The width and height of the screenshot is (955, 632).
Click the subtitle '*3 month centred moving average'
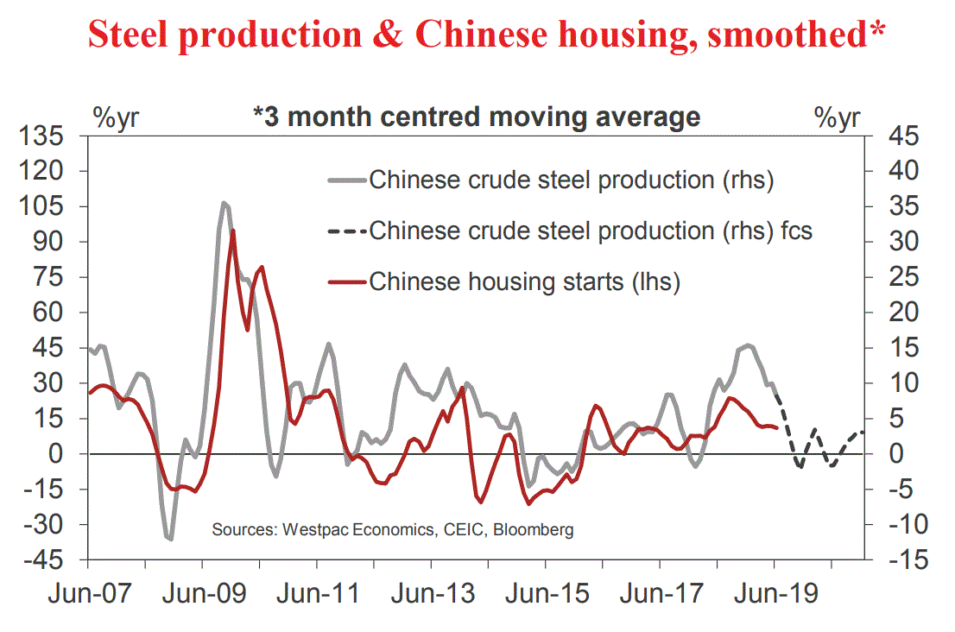pyautogui.click(x=476, y=116)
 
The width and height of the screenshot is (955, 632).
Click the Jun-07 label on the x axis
pyautogui.click(x=89, y=595)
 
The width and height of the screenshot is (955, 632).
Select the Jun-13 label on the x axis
pyautogui.click(x=431, y=595)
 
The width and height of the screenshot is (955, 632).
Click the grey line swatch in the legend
pyautogui.click(x=346, y=181)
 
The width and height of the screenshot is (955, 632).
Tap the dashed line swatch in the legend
pyautogui.click(x=346, y=231)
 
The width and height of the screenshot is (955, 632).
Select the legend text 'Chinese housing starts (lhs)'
pyautogui.click(x=524, y=281)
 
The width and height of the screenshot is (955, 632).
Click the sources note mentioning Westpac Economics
pyautogui.click(x=393, y=529)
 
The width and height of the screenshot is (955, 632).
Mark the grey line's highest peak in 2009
pyautogui.click(x=224, y=203)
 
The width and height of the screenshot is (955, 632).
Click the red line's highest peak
pyautogui.click(x=233, y=230)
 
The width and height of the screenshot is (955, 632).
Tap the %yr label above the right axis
pyautogui.click(x=837, y=118)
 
